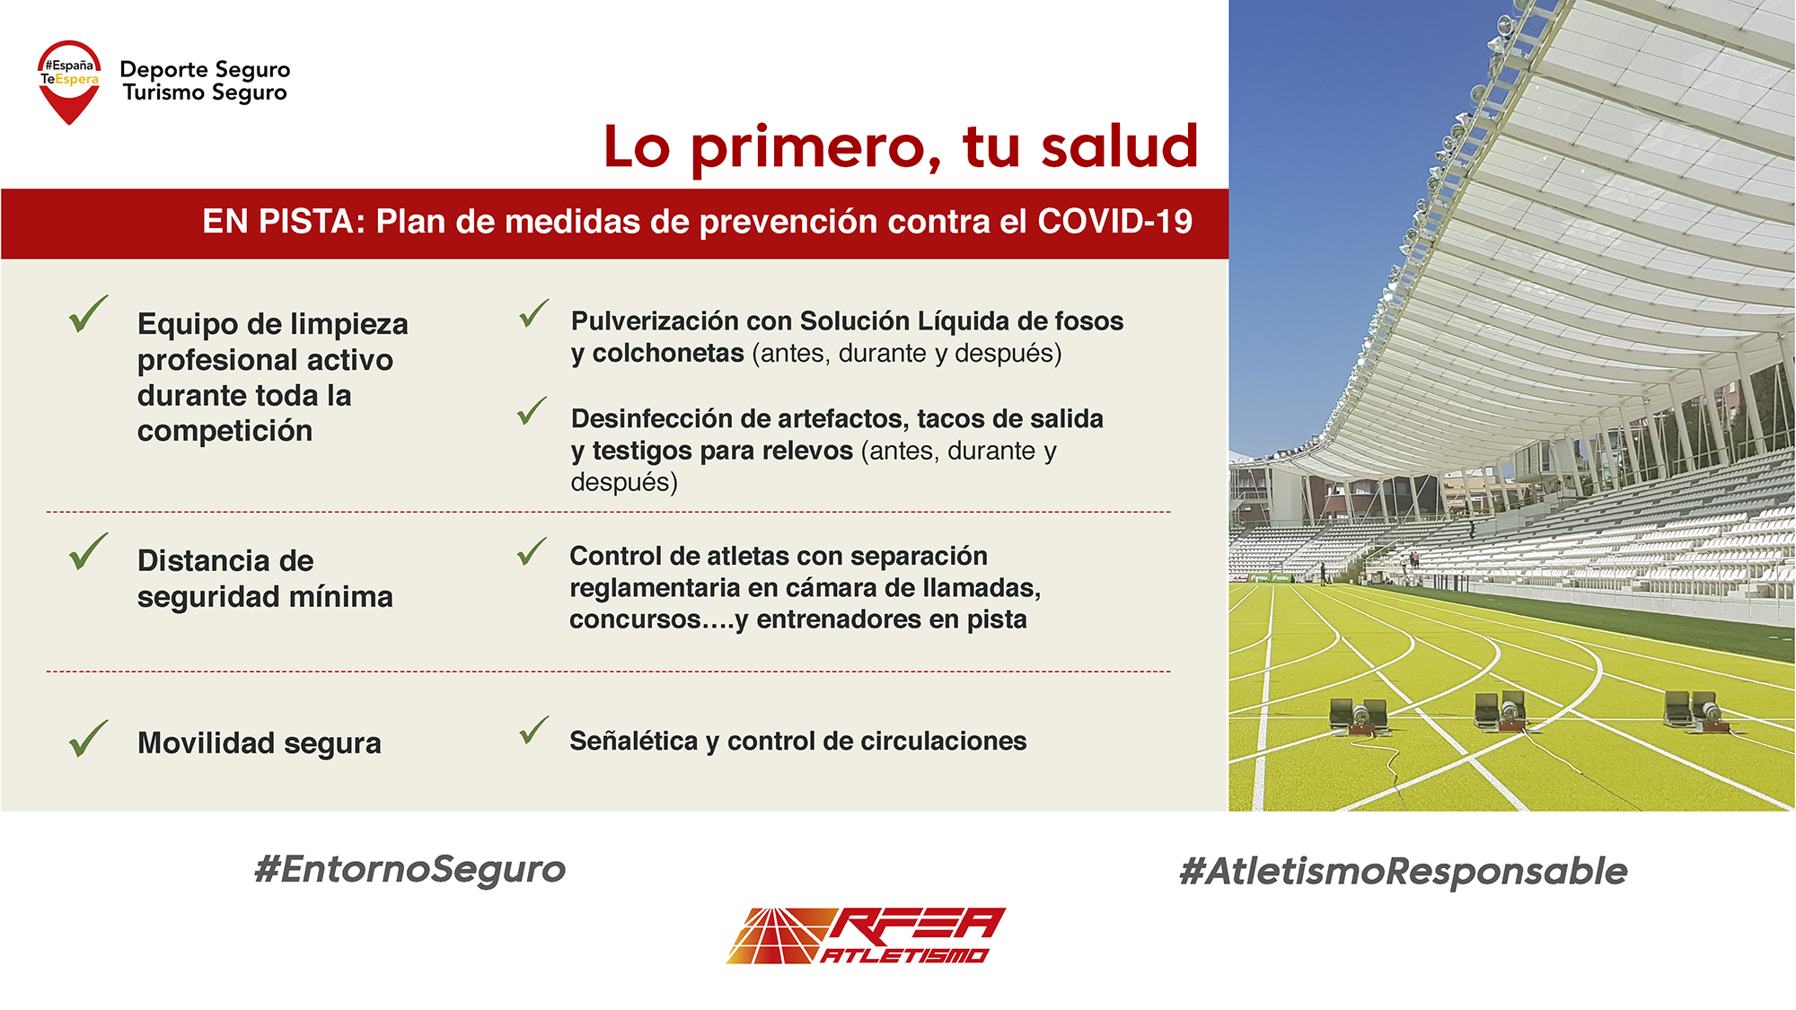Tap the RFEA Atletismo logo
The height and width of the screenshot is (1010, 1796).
(x=866, y=935)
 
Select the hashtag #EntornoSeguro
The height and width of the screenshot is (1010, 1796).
(x=410, y=869)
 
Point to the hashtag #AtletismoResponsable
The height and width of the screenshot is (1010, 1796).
(x=1403, y=871)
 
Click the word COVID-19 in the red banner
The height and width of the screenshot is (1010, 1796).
(x=1114, y=221)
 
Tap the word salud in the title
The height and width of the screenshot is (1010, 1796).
(x=1119, y=146)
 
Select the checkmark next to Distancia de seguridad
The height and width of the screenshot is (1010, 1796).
(x=88, y=552)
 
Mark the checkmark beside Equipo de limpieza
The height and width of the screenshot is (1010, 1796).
(x=88, y=314)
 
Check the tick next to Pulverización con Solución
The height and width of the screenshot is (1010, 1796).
(x=533, y=313)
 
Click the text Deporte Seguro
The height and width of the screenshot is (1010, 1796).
(x=205, y=70)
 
